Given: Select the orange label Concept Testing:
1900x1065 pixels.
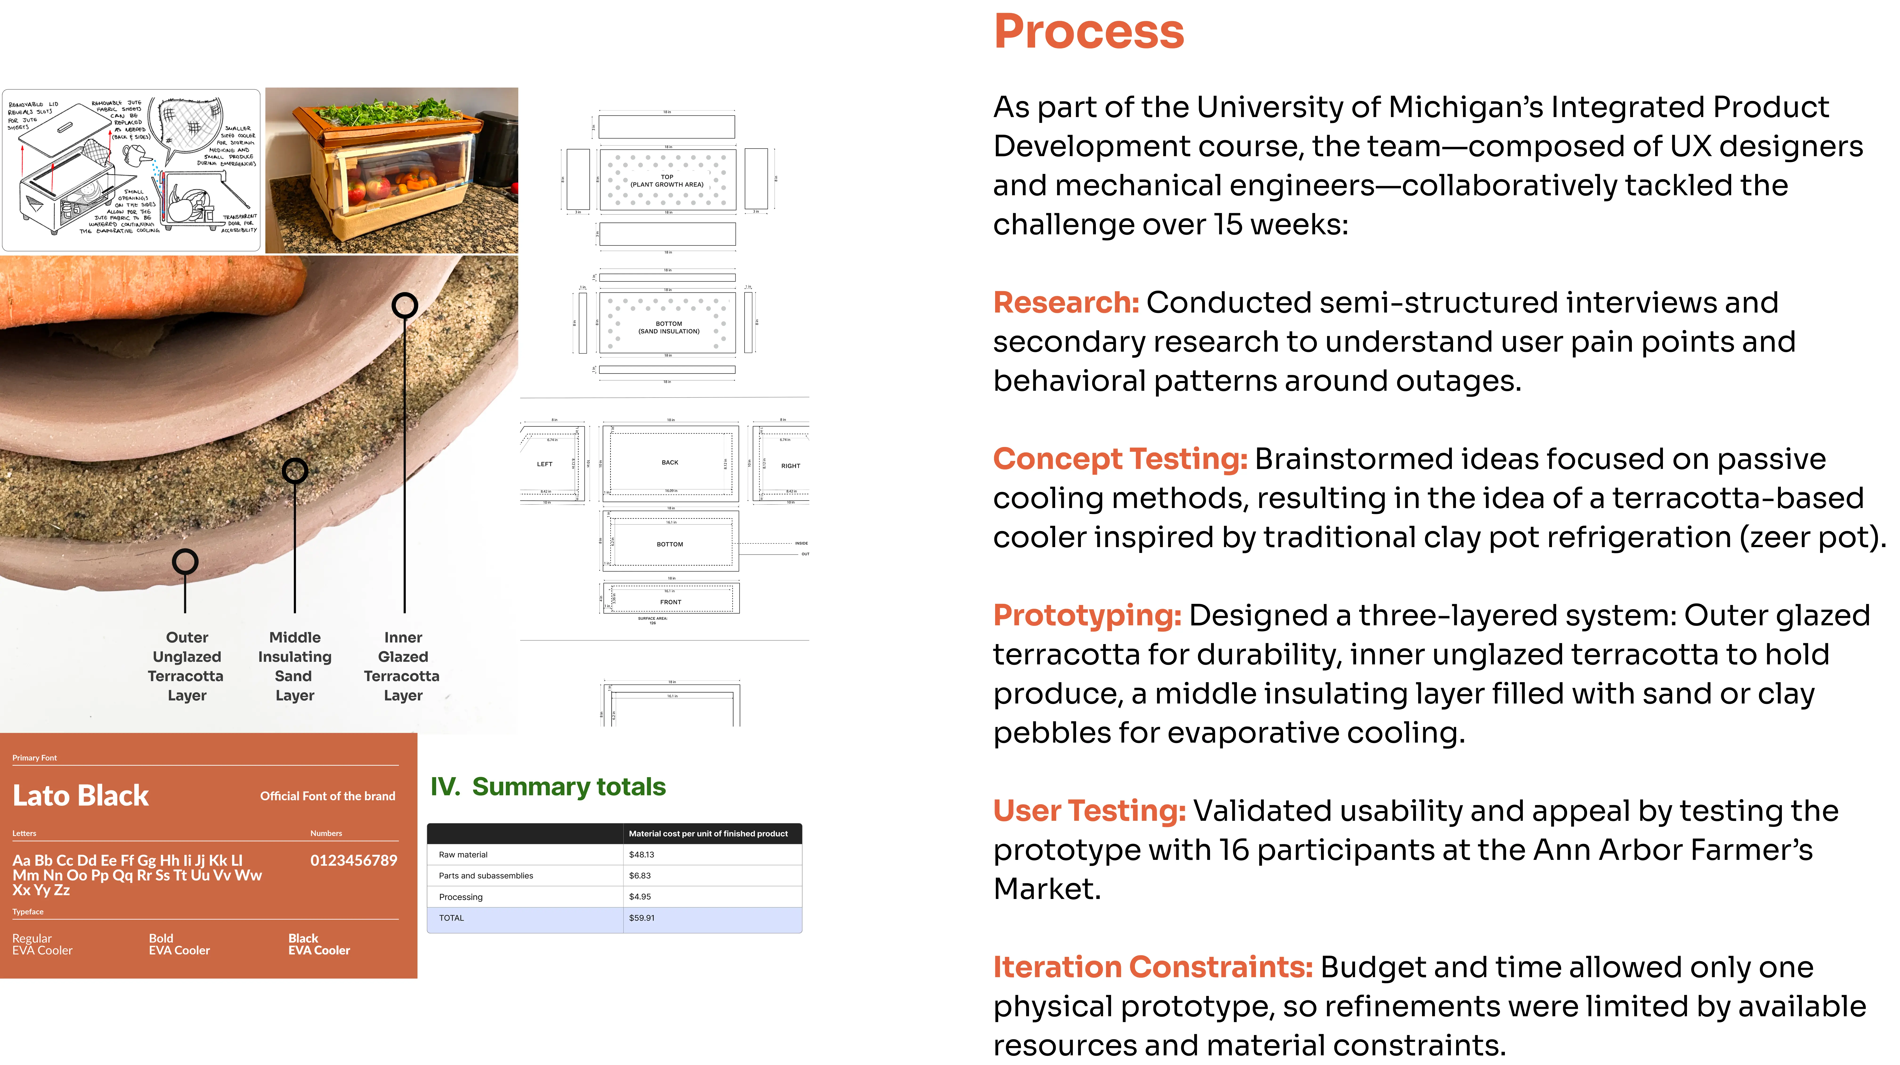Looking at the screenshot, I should [x=1120, y=459].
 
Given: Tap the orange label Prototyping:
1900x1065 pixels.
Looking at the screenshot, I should [x=1086, y=615].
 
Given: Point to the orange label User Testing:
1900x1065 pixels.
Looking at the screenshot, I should [x=1089, y=811].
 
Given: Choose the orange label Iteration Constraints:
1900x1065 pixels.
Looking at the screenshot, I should [x=1152, y=967].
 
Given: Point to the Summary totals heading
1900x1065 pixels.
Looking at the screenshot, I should [x=548, y=787].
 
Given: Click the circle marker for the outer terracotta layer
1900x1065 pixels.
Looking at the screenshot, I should [x=185, y=562].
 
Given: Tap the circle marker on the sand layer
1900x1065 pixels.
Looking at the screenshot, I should [x=295, y=471].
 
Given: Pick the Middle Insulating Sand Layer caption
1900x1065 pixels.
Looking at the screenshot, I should [x=294, y=666].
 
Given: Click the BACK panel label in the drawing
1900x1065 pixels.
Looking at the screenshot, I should [x=670, y=463].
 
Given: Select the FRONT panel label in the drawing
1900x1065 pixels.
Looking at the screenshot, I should [x=670, y=602].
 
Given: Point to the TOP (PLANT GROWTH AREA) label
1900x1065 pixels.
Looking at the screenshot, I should [x=667, y=181].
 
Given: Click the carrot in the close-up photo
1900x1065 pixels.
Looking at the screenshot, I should [x=147, y=291].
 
